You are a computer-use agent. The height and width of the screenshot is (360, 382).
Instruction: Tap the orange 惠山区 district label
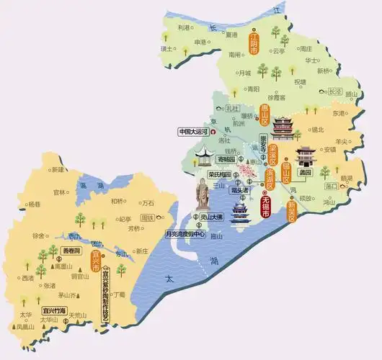pos(265,114)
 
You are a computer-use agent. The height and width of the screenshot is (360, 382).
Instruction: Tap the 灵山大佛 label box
pos(211,216)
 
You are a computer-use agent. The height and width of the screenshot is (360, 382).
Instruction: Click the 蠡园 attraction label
pos(305,173)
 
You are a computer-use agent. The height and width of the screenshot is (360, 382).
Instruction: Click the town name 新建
pos(57,169)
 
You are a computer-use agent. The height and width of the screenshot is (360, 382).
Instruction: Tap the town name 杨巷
pos(33,204)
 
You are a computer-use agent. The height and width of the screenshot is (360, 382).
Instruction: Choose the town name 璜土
pos(166,48)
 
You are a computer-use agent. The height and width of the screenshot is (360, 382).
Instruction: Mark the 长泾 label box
pos(335,91)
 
